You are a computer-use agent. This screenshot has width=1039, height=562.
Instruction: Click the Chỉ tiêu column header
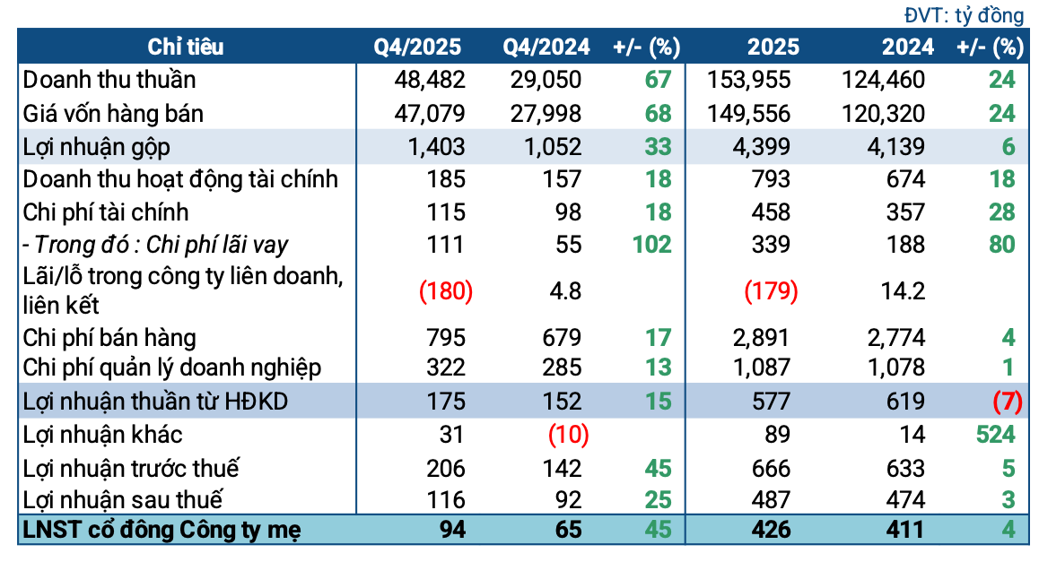pyautogui.click(x=186, y=47)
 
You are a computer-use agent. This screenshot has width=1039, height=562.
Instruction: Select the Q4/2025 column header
pyautogui.click(x=418, y=47)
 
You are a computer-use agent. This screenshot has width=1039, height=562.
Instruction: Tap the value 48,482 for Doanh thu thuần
pyautogui.click(x=430, y=80)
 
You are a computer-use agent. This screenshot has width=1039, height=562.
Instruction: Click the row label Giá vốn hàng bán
pyautogui.click(x=113, y=114)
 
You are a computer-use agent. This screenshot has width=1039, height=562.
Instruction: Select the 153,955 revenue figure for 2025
pyautogui.click(x=750, y=80)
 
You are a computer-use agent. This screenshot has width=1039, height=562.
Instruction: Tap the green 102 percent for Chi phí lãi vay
pyautogui.click(x=650, y=244)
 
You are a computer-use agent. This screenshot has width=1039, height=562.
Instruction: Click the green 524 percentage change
pyautogui.click(x=994, y=435)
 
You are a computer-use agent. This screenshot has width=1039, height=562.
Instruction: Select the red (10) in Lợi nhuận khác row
pyautogui.click(x=567, y=435)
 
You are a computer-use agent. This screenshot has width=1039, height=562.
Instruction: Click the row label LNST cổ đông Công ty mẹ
pyautogui.click(x=162, y=529)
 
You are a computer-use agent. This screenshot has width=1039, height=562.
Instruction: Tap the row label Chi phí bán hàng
pyautogui.click(x=109, y=338)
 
